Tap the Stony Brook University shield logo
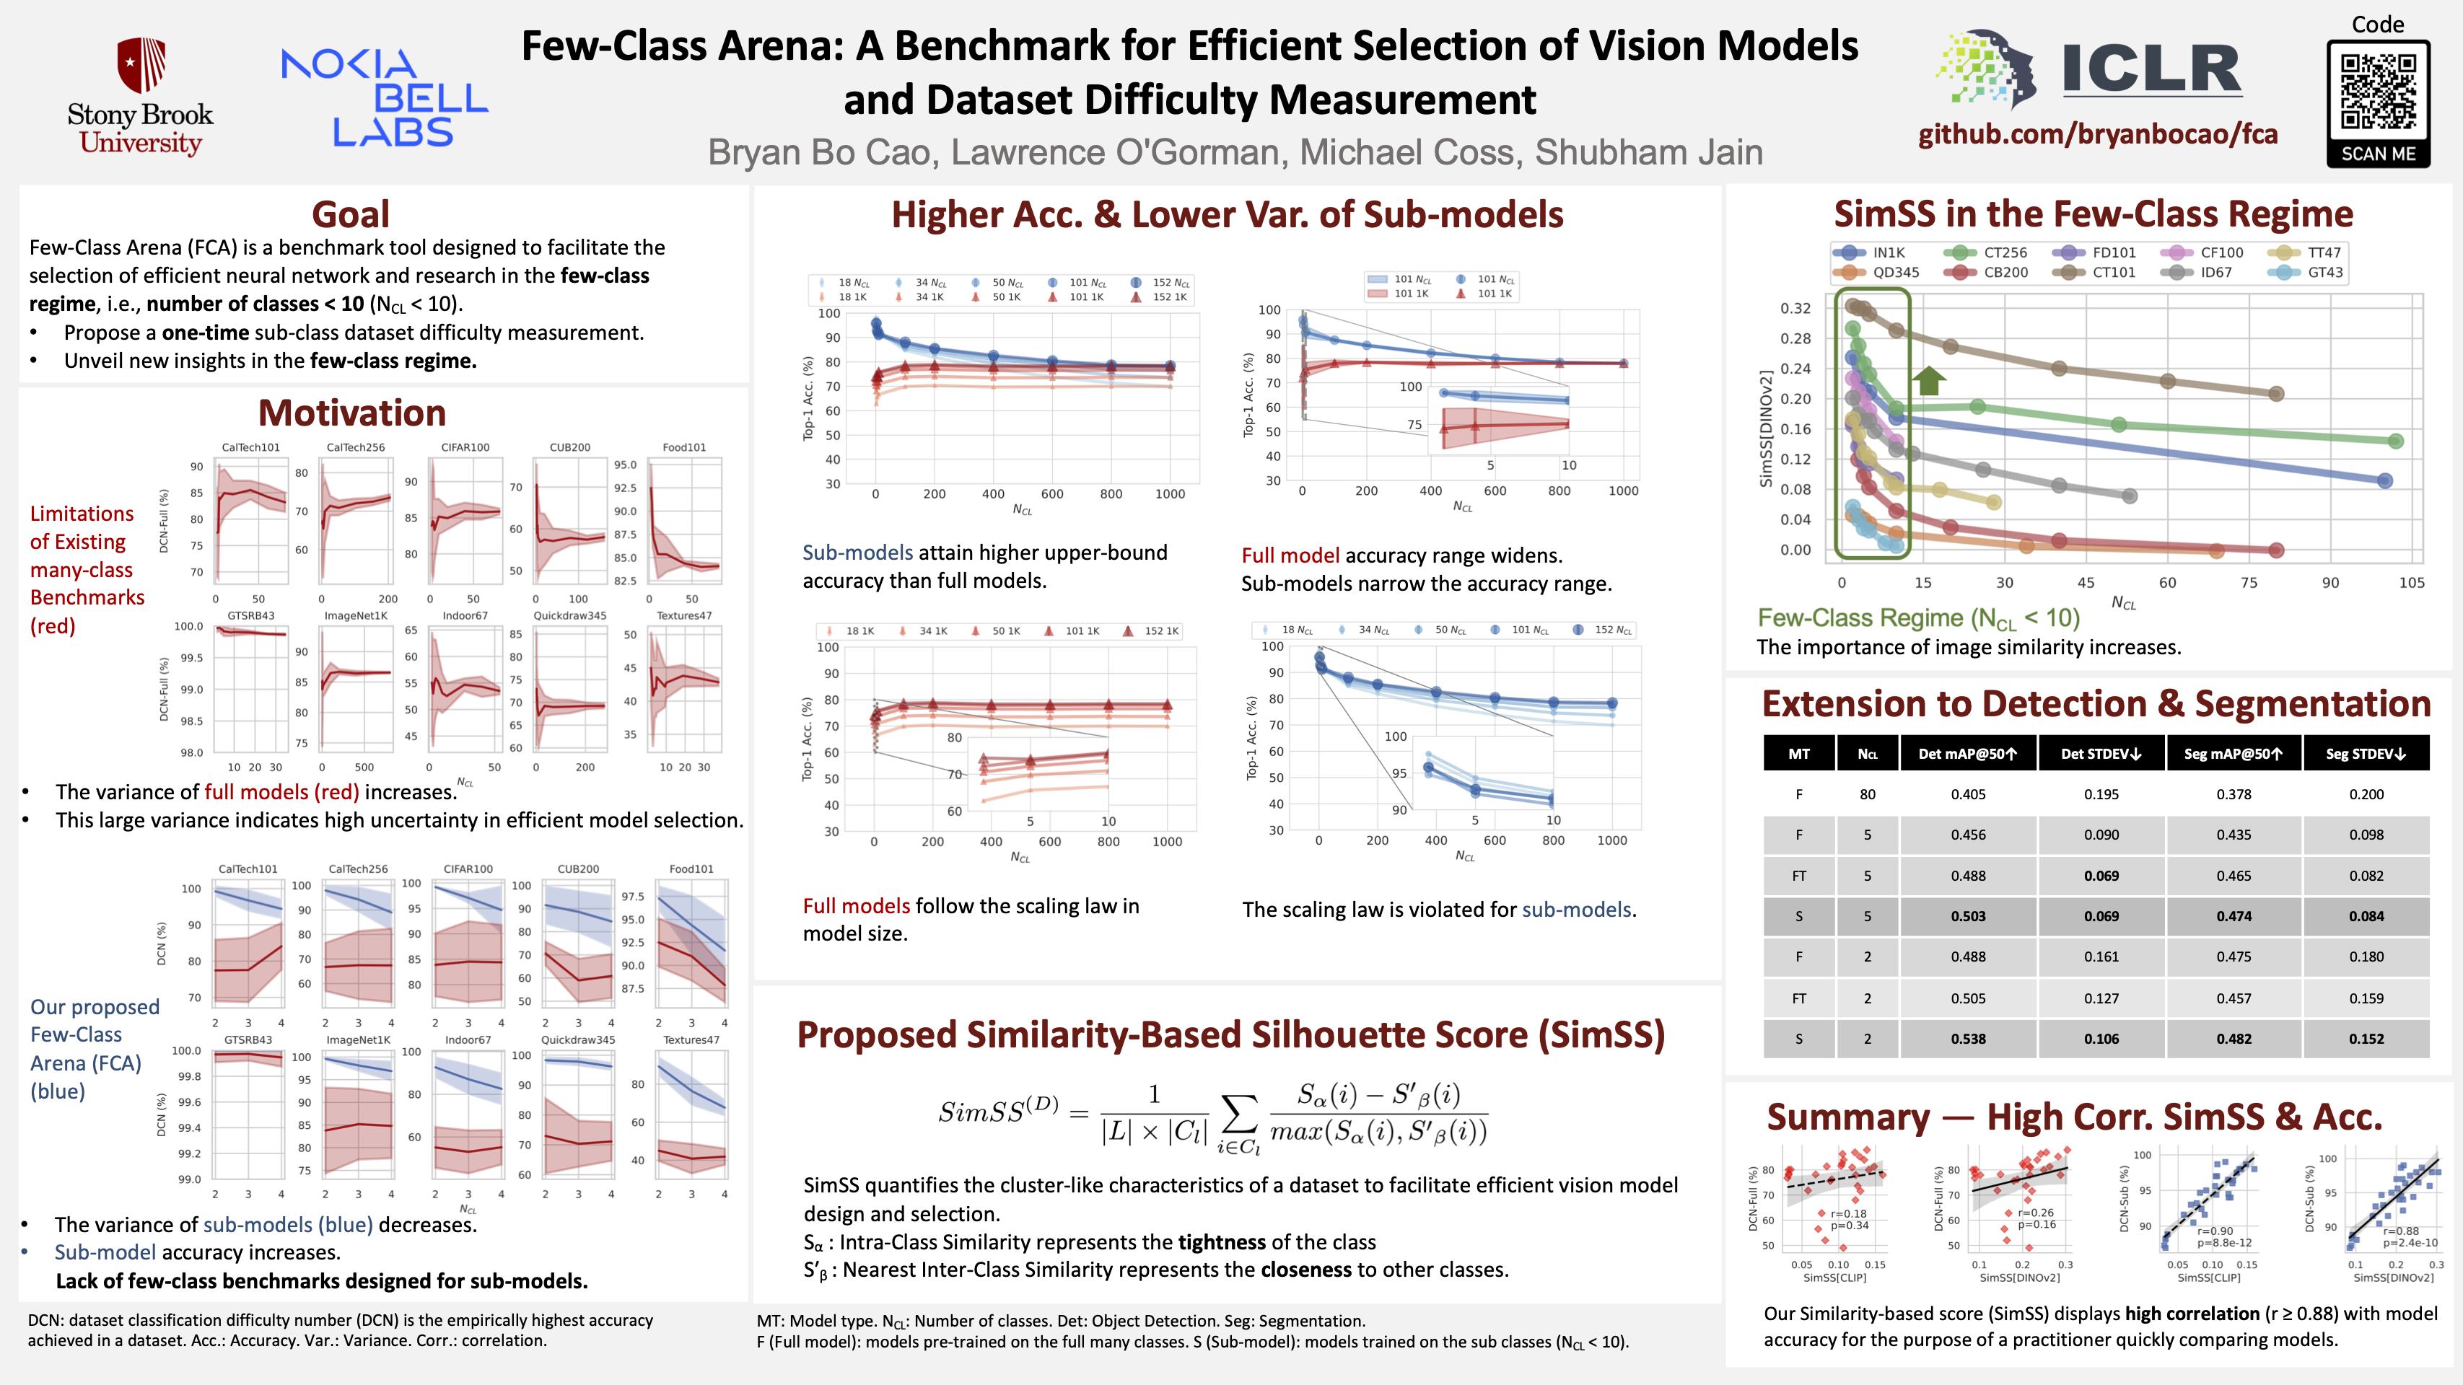click(x=141, y=65)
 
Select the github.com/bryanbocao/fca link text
click(x=2098, y=134)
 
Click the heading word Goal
click(x=350, y=214)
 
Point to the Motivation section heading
click(x=352, y=413)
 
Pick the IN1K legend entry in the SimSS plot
click(x=1889, y=252)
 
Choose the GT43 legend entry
click(x=2324, y=273)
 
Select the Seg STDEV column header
click(x=2366, y=753)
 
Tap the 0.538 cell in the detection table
click(x=1968, y=1039)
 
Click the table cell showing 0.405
click(x=1968, y=794)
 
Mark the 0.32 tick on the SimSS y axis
click(x=1795, y=308)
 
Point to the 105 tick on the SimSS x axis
click(x=2411, y=583)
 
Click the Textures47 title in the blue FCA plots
click(x=691, y=1040)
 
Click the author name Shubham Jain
click(x=1648, y=153)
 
